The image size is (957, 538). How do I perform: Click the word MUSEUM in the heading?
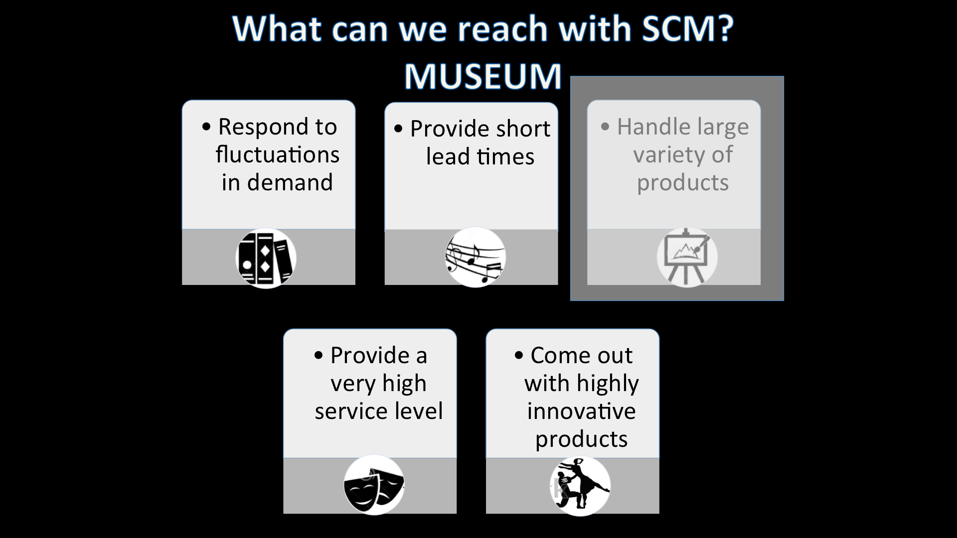click(x=482, y=76)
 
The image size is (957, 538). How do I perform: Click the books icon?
click(x=266, y=258)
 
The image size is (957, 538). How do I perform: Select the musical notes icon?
click(x=475, y=257)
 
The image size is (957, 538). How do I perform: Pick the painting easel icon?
click(x=687, y=257)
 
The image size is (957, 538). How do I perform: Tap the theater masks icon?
click(x=374, y=485)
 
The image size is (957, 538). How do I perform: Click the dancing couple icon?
click(x=580, y=486)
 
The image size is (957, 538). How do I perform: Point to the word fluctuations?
click(x=277, y=154)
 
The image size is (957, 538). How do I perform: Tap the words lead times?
click(x=480, y=157)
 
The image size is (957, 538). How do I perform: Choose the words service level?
click(x=378, y=411)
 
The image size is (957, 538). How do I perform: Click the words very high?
click(x=378, y=384)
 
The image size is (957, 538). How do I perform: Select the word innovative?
click(x=581, y=411)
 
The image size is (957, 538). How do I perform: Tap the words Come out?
click(x=581, y=356)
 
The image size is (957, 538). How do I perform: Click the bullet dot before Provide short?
click(x=398, y=129)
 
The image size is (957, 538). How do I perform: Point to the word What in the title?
click(x=277, y=28)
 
